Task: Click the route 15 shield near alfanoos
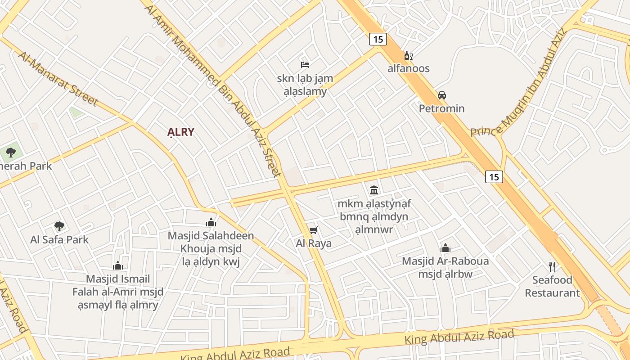pos(378,39)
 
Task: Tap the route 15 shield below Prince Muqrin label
pos(494,177)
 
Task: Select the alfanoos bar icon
pos(408,56)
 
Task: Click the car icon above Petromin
pos(442,95)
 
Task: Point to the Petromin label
pos(441,108)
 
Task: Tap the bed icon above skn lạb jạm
pos(305,64)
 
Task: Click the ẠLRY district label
pos(181,132)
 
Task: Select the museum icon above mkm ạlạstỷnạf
pos(373,190)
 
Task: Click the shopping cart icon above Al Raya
pos(314,230)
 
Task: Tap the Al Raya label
pos(314,243)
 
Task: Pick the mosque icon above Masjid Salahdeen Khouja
pos(211,222)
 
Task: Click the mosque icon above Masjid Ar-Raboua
pos(445,248)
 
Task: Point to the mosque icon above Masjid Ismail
pos(118,265)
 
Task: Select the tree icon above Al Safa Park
pos(59,226)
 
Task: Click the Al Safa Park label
pos(59,239)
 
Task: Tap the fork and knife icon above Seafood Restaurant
pos(552,267)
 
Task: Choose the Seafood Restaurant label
pos(552,286)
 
